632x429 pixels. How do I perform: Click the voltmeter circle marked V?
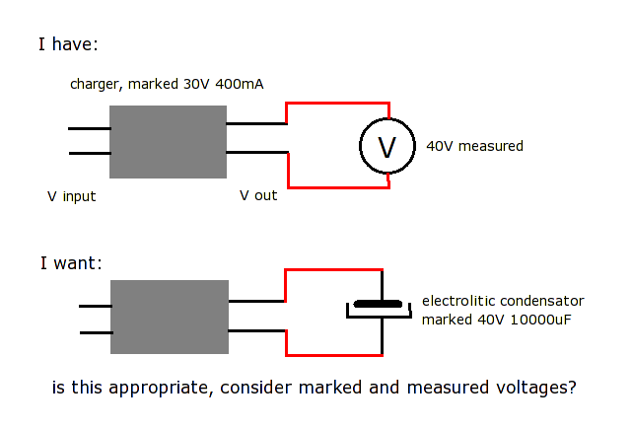click(387, 147)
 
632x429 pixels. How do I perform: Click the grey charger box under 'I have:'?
click(168, 141)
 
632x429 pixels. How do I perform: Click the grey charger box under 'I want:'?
click(169, 317)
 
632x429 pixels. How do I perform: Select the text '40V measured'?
click(474, 146)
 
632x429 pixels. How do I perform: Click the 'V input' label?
click(72, 196)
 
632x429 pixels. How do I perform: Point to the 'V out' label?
click(258, 195)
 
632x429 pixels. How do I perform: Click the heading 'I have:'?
click(68, 44)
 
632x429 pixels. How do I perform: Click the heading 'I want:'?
click(71, 263)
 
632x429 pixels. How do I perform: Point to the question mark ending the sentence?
click(571, 388)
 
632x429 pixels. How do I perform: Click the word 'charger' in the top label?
click(95, 85)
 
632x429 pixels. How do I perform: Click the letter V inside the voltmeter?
click(387, 147)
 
